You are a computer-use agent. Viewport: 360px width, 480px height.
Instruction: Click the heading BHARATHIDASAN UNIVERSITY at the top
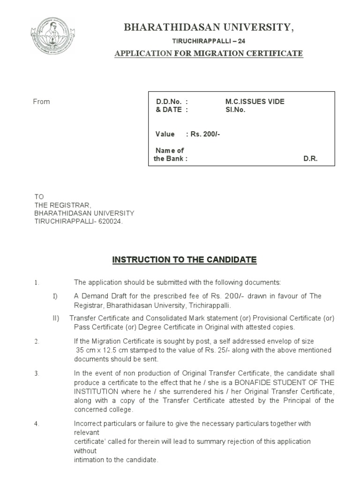coord(209,28)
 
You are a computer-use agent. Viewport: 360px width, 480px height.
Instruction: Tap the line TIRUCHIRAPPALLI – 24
coord(209,42)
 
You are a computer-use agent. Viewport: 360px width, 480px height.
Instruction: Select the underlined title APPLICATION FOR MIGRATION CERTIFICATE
coord(209,53)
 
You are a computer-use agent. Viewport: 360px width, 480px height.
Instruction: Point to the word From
coord(41,102)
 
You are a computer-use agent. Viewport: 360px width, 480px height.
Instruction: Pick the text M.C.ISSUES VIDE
coord(255,102)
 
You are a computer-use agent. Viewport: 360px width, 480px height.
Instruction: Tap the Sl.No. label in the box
coord(235,110)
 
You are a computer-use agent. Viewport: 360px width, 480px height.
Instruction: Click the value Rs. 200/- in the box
coord(205,135)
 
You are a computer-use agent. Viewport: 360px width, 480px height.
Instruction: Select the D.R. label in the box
coord(310,158)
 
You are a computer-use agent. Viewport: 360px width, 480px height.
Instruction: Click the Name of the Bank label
coord(171,155)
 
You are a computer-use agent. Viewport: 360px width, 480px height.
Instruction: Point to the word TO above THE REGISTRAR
coord(39,197)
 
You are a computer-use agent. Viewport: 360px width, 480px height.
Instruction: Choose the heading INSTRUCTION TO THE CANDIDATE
coord(184,260)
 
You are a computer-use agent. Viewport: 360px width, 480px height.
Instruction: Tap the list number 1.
coord(36,283)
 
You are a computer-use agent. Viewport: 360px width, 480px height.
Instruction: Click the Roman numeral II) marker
coord(56,318)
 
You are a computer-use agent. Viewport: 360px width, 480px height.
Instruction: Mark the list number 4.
coord(36,424)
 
